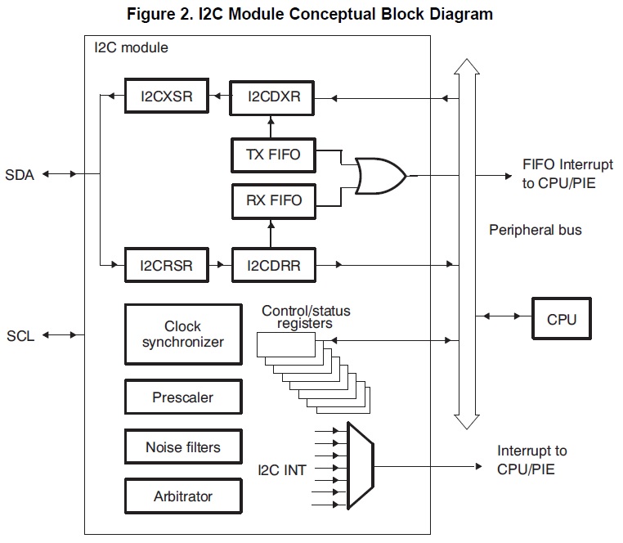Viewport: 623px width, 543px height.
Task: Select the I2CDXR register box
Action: point(274,96)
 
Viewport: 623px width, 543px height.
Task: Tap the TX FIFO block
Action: point(274,154)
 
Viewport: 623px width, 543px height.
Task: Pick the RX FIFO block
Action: point(274,200)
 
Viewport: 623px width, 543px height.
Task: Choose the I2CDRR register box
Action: point(274,264)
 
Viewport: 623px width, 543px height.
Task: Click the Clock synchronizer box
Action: point(182,334)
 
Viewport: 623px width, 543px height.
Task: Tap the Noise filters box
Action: point(182,447)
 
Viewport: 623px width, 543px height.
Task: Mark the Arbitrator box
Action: point(182,496)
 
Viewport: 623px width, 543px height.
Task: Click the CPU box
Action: point(561,318)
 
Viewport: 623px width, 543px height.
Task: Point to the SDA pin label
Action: point(20,174)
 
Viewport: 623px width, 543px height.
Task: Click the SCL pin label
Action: point(20,335)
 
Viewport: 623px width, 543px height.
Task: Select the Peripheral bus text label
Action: point(535,230)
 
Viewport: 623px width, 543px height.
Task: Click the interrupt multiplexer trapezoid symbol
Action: point(361,464)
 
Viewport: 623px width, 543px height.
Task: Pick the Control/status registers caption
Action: point(297,317)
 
